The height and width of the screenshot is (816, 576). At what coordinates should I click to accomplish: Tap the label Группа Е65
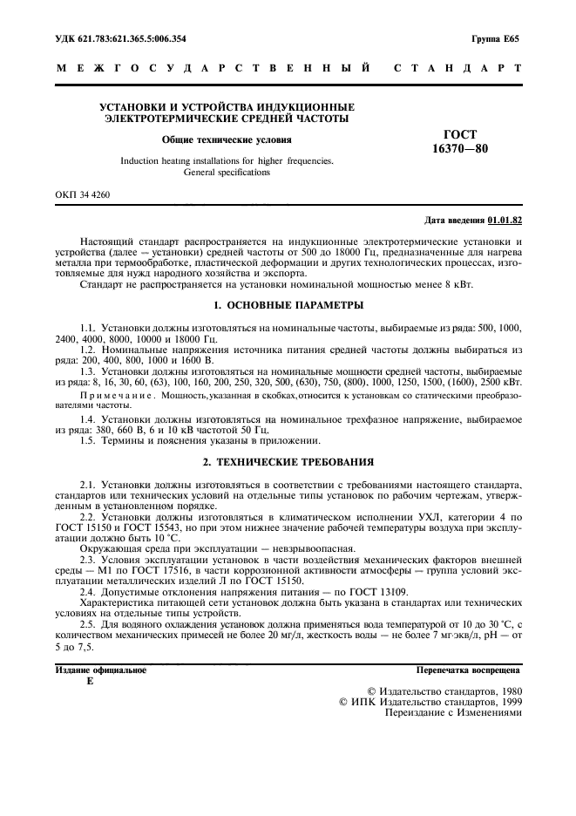click(x=495, y=39)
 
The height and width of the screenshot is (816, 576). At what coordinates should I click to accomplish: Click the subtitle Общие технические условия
click(x=227, y=139)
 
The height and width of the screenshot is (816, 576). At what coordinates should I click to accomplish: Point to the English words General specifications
click(x=227, y=173)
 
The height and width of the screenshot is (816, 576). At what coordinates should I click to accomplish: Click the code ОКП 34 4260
click(x=83, y=197)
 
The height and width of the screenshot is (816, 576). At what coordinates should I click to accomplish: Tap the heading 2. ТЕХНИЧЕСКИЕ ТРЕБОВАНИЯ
click(x=288, y=461)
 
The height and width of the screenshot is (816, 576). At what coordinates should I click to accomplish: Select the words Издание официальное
click(x=101, y=670)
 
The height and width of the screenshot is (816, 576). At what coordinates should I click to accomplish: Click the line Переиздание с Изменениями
click(x=453, y=712)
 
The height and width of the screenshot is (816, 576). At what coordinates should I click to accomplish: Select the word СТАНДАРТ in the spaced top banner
click(x=458, y=67)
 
